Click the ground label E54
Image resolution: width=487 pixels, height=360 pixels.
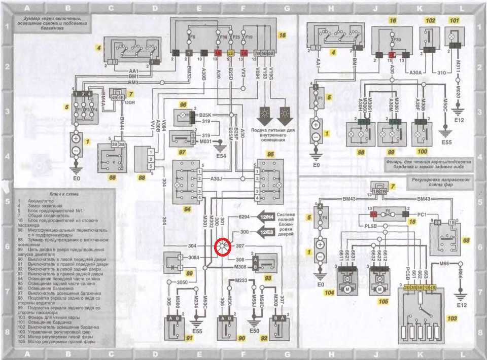tap(221, 155)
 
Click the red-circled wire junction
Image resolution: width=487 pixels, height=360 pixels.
tap(222, 247)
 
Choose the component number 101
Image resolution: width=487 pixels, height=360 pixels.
tap(454, 21)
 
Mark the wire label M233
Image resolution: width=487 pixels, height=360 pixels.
tap(241, 280)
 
